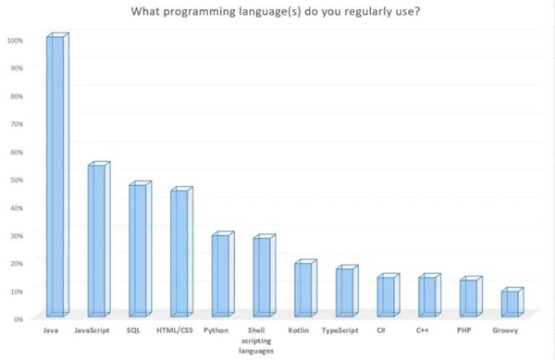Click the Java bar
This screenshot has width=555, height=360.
[x=56, y=176]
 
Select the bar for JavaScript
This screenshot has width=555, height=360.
[x=97, y=241]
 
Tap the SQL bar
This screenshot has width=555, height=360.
[x=138, y=250]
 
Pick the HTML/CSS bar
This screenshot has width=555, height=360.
[x=179, y=253]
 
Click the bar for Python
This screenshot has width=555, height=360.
[x=220, y=275]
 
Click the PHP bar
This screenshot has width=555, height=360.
[x=470, y=297]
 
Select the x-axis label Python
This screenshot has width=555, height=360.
[x=216, y=330]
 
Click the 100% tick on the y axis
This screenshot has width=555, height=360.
[x=15, y=40]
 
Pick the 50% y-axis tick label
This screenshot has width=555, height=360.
[x=17, y=179]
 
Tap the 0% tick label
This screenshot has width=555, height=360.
[x=18, y=318]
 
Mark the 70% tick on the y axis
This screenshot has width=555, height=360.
[x=17, y=123]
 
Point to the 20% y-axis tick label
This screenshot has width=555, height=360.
[x=17, y=263]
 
